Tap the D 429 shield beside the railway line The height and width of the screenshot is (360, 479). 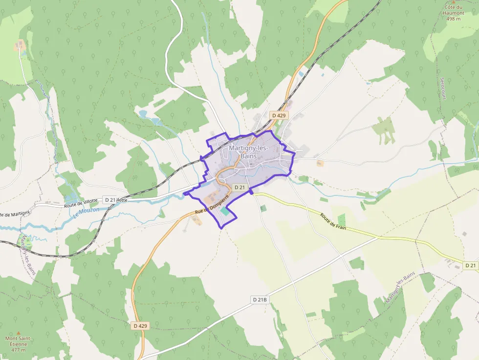click(x=279, y=115)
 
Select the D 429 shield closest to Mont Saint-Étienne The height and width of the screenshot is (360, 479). click(x=140, y=325)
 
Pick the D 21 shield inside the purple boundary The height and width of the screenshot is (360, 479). click(x=239, y=187)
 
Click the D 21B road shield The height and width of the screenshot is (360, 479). click(x=261, y=299)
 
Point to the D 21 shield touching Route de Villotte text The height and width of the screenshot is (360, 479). click(x=109, y=200)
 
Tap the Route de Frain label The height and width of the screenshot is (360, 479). click(x=333, y=221)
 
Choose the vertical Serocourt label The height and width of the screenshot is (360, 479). click(x=443, y=88)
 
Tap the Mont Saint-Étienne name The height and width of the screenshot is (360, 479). click(x=19, y=341)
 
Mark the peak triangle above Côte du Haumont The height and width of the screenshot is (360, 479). click(x=453, y=1)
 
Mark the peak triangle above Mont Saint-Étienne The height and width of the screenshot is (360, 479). click(x=19, y=332)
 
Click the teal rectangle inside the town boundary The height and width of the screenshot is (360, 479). click(x=224, y=211)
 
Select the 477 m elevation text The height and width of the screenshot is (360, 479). click(x=19, y=350)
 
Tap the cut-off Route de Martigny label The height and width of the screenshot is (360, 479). click(x=15, y=213)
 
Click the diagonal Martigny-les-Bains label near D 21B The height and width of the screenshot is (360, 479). click(x=400, y=287)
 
